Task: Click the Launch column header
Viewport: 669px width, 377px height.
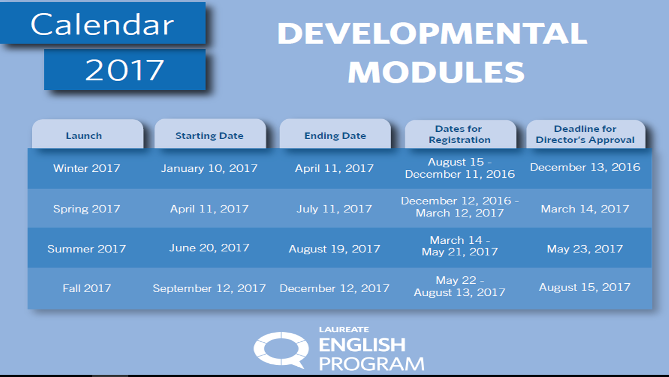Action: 84,136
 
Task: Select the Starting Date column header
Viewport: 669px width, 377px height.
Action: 209,136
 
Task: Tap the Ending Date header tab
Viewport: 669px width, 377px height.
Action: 335,136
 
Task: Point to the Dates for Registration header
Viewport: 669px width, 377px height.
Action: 460,134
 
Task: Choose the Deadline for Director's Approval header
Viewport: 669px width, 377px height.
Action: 585,134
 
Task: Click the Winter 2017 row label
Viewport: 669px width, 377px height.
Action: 86,168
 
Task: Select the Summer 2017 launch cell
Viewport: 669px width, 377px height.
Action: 86,249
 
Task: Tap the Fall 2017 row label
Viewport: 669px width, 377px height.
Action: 86,288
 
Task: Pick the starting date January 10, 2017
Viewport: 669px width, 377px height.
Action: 209,168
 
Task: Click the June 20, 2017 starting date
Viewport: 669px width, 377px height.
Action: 209,248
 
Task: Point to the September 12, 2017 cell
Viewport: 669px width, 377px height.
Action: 209,288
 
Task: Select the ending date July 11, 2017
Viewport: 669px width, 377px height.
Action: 334,209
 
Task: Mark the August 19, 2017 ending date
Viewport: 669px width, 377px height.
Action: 334,249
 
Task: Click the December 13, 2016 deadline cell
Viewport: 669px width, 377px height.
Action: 585,167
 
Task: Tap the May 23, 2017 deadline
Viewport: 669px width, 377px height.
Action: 585,249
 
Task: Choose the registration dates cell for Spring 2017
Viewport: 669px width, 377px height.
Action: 460,207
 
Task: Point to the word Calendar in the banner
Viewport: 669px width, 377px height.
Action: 102,24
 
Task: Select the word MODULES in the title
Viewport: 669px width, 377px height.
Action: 436,71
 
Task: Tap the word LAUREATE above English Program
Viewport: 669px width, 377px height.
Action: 344,330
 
